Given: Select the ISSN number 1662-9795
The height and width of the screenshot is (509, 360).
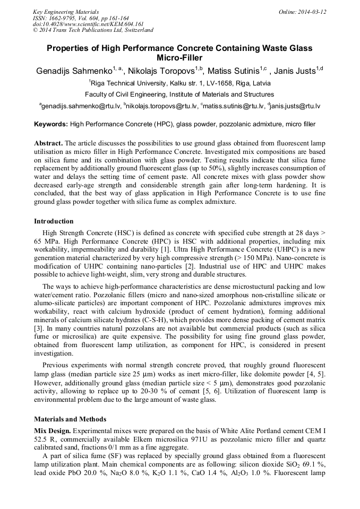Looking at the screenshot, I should click(67, 18).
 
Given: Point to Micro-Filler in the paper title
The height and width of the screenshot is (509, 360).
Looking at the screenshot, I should click(179, 58).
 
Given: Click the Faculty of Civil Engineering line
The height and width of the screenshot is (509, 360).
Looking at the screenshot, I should click(180, 94).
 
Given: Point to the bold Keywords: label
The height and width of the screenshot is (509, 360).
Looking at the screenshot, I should click(51, 125).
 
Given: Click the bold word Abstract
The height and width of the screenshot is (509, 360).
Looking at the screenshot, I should click(49, 144).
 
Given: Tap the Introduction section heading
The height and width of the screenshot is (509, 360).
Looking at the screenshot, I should click(54, 221).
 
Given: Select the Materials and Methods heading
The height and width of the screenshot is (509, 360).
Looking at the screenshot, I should click(70, 419).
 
